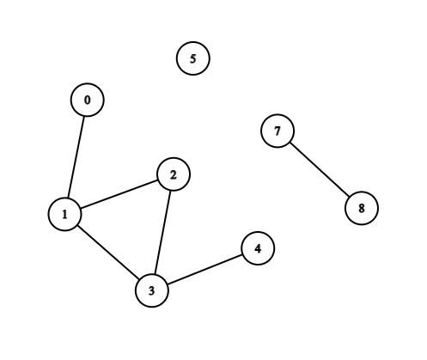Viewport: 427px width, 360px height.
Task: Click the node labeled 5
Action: coord(193,58)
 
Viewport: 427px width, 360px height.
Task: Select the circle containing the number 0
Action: coord(88,100)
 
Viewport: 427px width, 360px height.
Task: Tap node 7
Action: coord(278,131)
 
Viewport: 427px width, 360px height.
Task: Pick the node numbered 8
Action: coord(362,208)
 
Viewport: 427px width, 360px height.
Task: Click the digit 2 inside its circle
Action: coord(174,175)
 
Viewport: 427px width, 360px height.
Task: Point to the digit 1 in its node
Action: coord(65,214)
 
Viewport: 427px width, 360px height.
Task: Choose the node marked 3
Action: coord(152,290)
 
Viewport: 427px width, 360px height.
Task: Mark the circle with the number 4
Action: coord(258,248)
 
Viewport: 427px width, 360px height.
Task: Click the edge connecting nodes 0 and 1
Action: coord(76,157)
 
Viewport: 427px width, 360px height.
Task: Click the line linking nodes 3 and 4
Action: coord(204,270)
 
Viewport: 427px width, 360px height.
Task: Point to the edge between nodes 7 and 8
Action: coord(320,169)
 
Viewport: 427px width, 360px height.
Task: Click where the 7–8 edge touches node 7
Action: coord(290,143)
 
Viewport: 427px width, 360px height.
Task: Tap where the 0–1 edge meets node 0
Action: coord(84,117)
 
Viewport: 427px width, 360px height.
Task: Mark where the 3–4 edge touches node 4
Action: coord(242,254)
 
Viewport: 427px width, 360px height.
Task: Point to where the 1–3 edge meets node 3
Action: coord(139,279)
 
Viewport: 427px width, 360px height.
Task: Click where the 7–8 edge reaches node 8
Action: coord(350,197)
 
